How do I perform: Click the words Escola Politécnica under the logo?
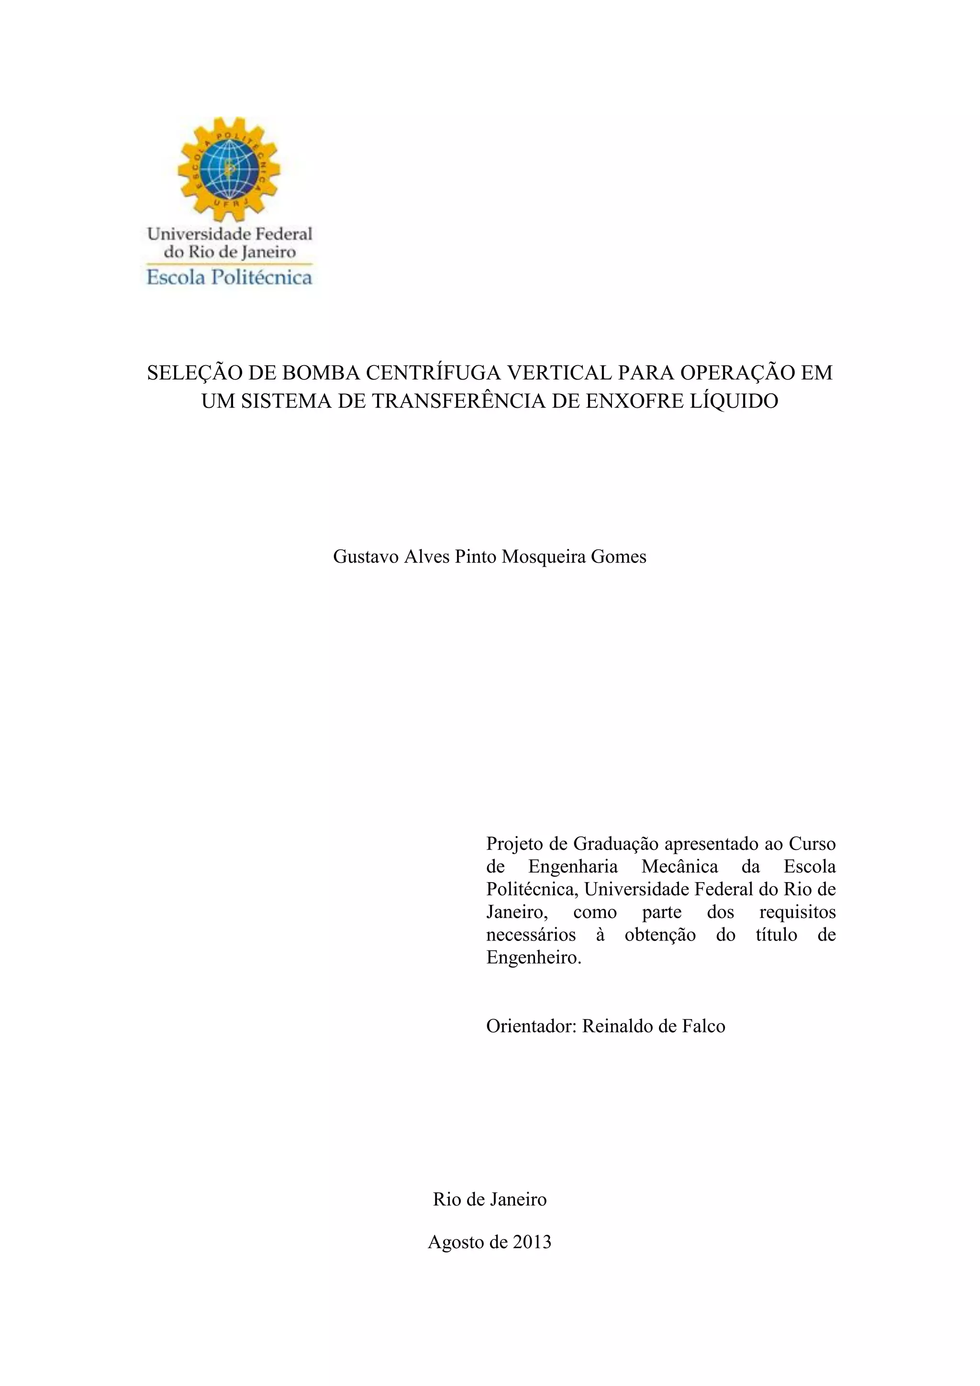pos(229,277)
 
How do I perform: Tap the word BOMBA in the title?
pos(321,372)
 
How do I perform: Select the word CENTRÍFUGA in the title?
pos(433,372)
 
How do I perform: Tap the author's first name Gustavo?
pos(366,557)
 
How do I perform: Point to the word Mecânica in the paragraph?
pos(679,866)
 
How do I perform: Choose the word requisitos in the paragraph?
pos(797,912)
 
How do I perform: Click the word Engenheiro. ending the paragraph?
pos(534,957)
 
